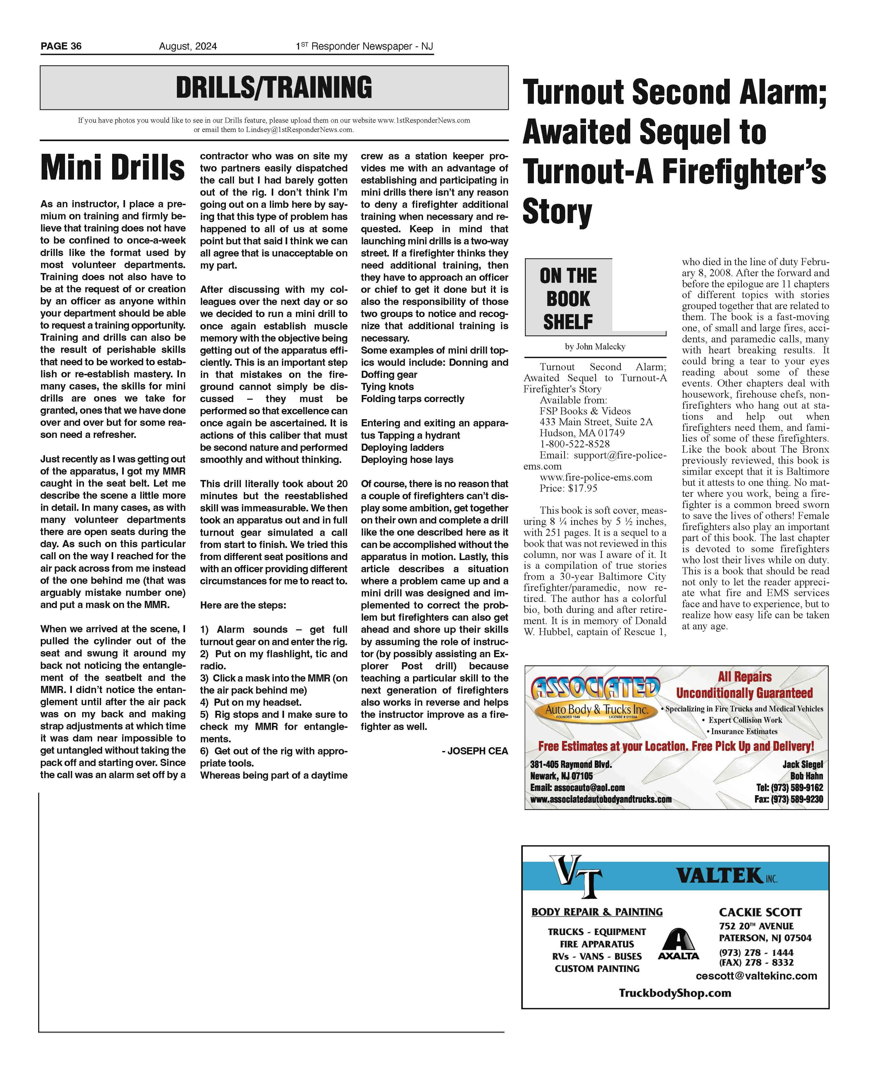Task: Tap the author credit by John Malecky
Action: pyautogui.click(x=595, y=347)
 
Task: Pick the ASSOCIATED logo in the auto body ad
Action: pyautogui.click(x=595, y=689)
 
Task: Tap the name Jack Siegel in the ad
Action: pyautogui.click(x=802, y=765)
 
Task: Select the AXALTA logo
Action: pyautogui.click(x=678, y=945)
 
